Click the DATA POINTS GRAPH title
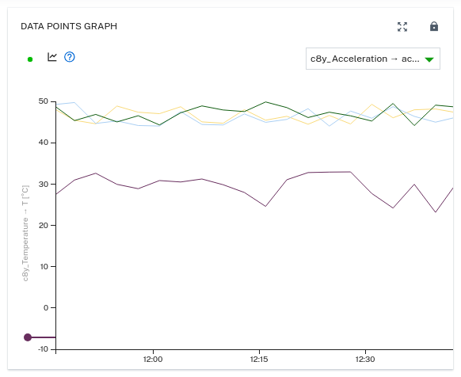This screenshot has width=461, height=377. (69, 26)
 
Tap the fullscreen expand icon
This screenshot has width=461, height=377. (402, 26)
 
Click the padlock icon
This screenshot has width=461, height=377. (434, 26)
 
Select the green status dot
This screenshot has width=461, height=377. (30, 59)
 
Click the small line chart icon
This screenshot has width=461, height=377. (52, 57)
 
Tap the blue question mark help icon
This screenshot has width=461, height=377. (69, 57)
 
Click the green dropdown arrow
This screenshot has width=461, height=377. (429, 59)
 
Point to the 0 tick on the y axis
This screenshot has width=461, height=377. (44, 307)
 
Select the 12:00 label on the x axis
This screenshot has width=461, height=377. (153, 360)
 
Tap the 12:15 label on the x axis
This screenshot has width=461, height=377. (259, 360)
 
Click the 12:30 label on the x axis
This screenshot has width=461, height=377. (365, 360)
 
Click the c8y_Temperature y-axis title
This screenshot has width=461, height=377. (25, 232)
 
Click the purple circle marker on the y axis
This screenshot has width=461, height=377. (28, 337)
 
